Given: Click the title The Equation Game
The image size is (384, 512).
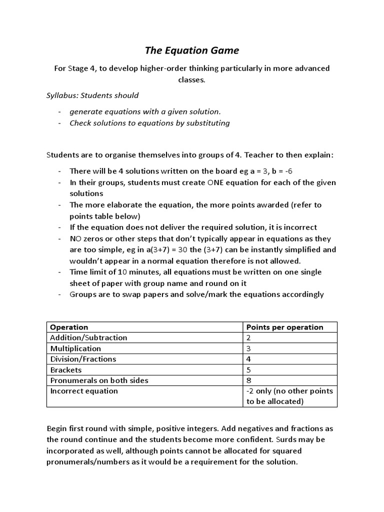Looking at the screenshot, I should click(192, 50).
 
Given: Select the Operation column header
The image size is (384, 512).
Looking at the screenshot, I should click(69, 327).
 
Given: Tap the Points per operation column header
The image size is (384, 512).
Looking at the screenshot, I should click(284, 327).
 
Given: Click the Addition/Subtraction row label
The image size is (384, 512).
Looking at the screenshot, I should click(88, 337).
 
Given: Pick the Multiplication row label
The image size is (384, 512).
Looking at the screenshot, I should click(75, 348).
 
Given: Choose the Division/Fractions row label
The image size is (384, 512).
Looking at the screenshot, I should click(83, 359).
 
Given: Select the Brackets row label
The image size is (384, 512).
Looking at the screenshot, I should click(65, 370).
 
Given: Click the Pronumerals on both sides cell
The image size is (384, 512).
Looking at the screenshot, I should click(99, 380).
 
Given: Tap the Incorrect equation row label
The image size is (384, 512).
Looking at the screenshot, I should click(84, 391).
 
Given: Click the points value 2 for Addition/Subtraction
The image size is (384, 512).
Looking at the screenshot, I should click(249, 337).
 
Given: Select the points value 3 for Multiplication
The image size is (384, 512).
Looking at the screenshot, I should click(249, 348).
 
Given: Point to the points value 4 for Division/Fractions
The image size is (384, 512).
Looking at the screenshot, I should click(249, 359).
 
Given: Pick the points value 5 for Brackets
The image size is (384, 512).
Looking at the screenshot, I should click(249, 370).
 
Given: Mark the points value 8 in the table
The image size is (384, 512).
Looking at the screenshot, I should click(249, 380).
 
